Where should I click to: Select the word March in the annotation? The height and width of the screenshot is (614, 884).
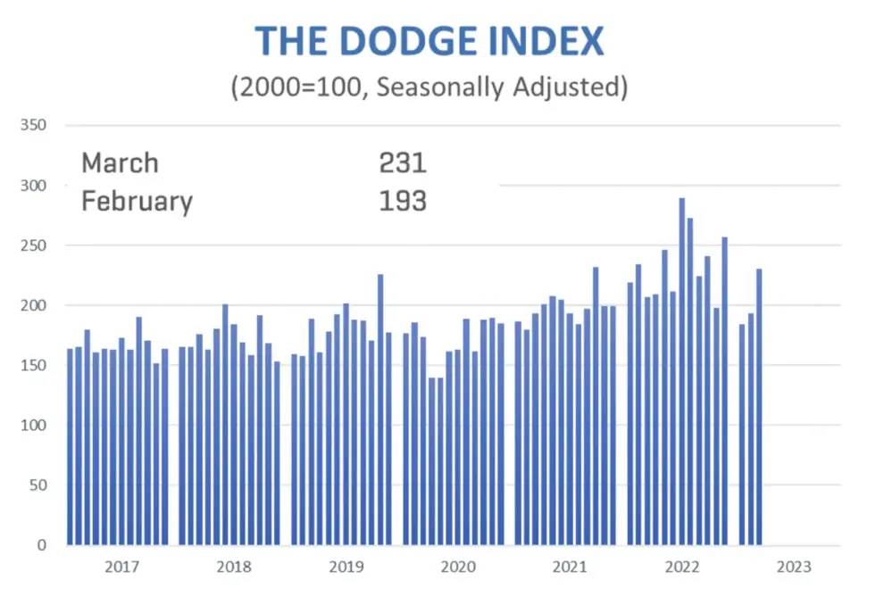coord(120,163)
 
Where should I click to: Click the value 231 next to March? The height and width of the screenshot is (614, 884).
coord(403,163)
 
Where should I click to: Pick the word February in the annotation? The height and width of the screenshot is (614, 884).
coord(137,202)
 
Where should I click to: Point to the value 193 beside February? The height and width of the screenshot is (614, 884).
coord(403,202)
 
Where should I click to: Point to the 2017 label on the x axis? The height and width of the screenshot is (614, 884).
coord(121,567)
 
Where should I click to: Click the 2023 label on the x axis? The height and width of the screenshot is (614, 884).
coord(794,567)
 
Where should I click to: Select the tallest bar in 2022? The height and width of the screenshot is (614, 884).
coord(681,375)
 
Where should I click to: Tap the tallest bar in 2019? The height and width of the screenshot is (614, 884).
coord(380,411)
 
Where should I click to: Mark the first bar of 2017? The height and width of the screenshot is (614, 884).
coord(71,446)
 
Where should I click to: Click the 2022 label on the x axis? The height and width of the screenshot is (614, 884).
coord(682,567)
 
